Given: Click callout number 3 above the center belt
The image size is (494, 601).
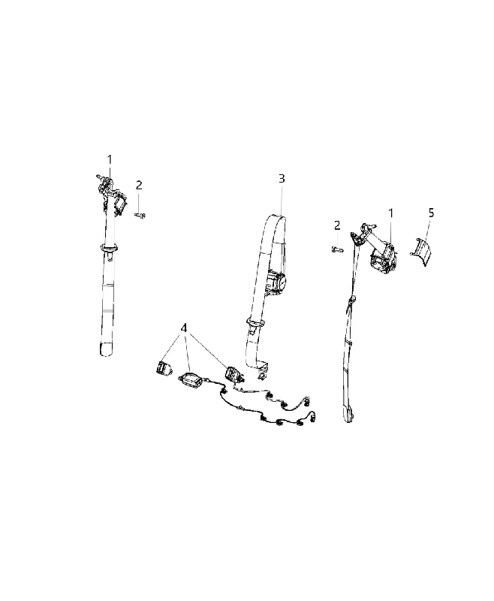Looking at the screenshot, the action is pyautogui.click(x=282, y=179).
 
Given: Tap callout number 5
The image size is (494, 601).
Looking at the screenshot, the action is pyautogui.click(x=432, y=213).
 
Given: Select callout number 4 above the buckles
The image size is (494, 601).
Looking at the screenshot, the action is pyautogui.click(x=184, y=328).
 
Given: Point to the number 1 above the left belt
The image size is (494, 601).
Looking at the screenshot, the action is pyautogui.click(x=110, y=159).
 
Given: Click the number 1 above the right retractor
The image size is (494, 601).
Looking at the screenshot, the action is pyautogui.click(x=391, y=213).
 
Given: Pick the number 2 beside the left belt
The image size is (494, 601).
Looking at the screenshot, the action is pyautogui.click(x=139, y=185).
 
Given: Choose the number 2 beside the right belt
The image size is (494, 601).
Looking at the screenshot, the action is pyautogui.click(x=337, y=225).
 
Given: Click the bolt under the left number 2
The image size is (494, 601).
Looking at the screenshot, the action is pyautogui.click(x=141, y=216).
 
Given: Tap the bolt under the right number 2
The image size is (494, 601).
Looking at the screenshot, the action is pyautogui.click(x=336, y=249).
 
